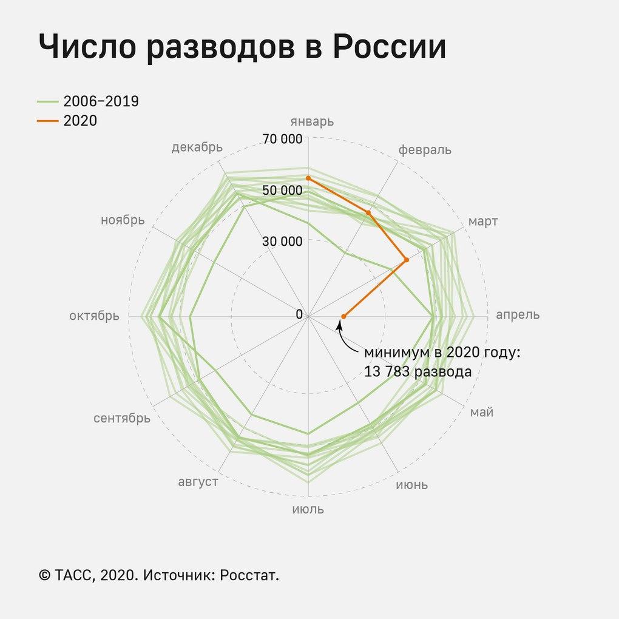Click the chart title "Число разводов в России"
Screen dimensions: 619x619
(x=242, y=47)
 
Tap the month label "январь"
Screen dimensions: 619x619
(x=312, y=121)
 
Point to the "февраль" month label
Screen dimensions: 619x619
(x=425, y=150)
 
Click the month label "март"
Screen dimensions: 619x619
(x=483, y=222)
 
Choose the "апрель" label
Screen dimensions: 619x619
(x=518, y=315)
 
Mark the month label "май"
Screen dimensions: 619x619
(x=482, y=413)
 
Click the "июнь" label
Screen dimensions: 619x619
(x=412, y=485)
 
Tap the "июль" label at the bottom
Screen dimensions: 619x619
(x=308, y=509)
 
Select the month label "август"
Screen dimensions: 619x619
(x=198, y=482)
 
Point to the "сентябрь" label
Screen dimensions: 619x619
(x=122, y=419)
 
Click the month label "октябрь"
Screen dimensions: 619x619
(x=94, y=316)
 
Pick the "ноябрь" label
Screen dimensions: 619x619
(x=123, y=220)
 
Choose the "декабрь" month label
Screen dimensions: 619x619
(x=197, y=147)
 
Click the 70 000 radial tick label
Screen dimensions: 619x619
(x=282, y=139)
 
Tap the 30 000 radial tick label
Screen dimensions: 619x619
(x=282, y=241)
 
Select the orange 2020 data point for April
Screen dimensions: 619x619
(x=343, y=316)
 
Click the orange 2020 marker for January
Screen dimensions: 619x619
(x=308, y=178)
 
